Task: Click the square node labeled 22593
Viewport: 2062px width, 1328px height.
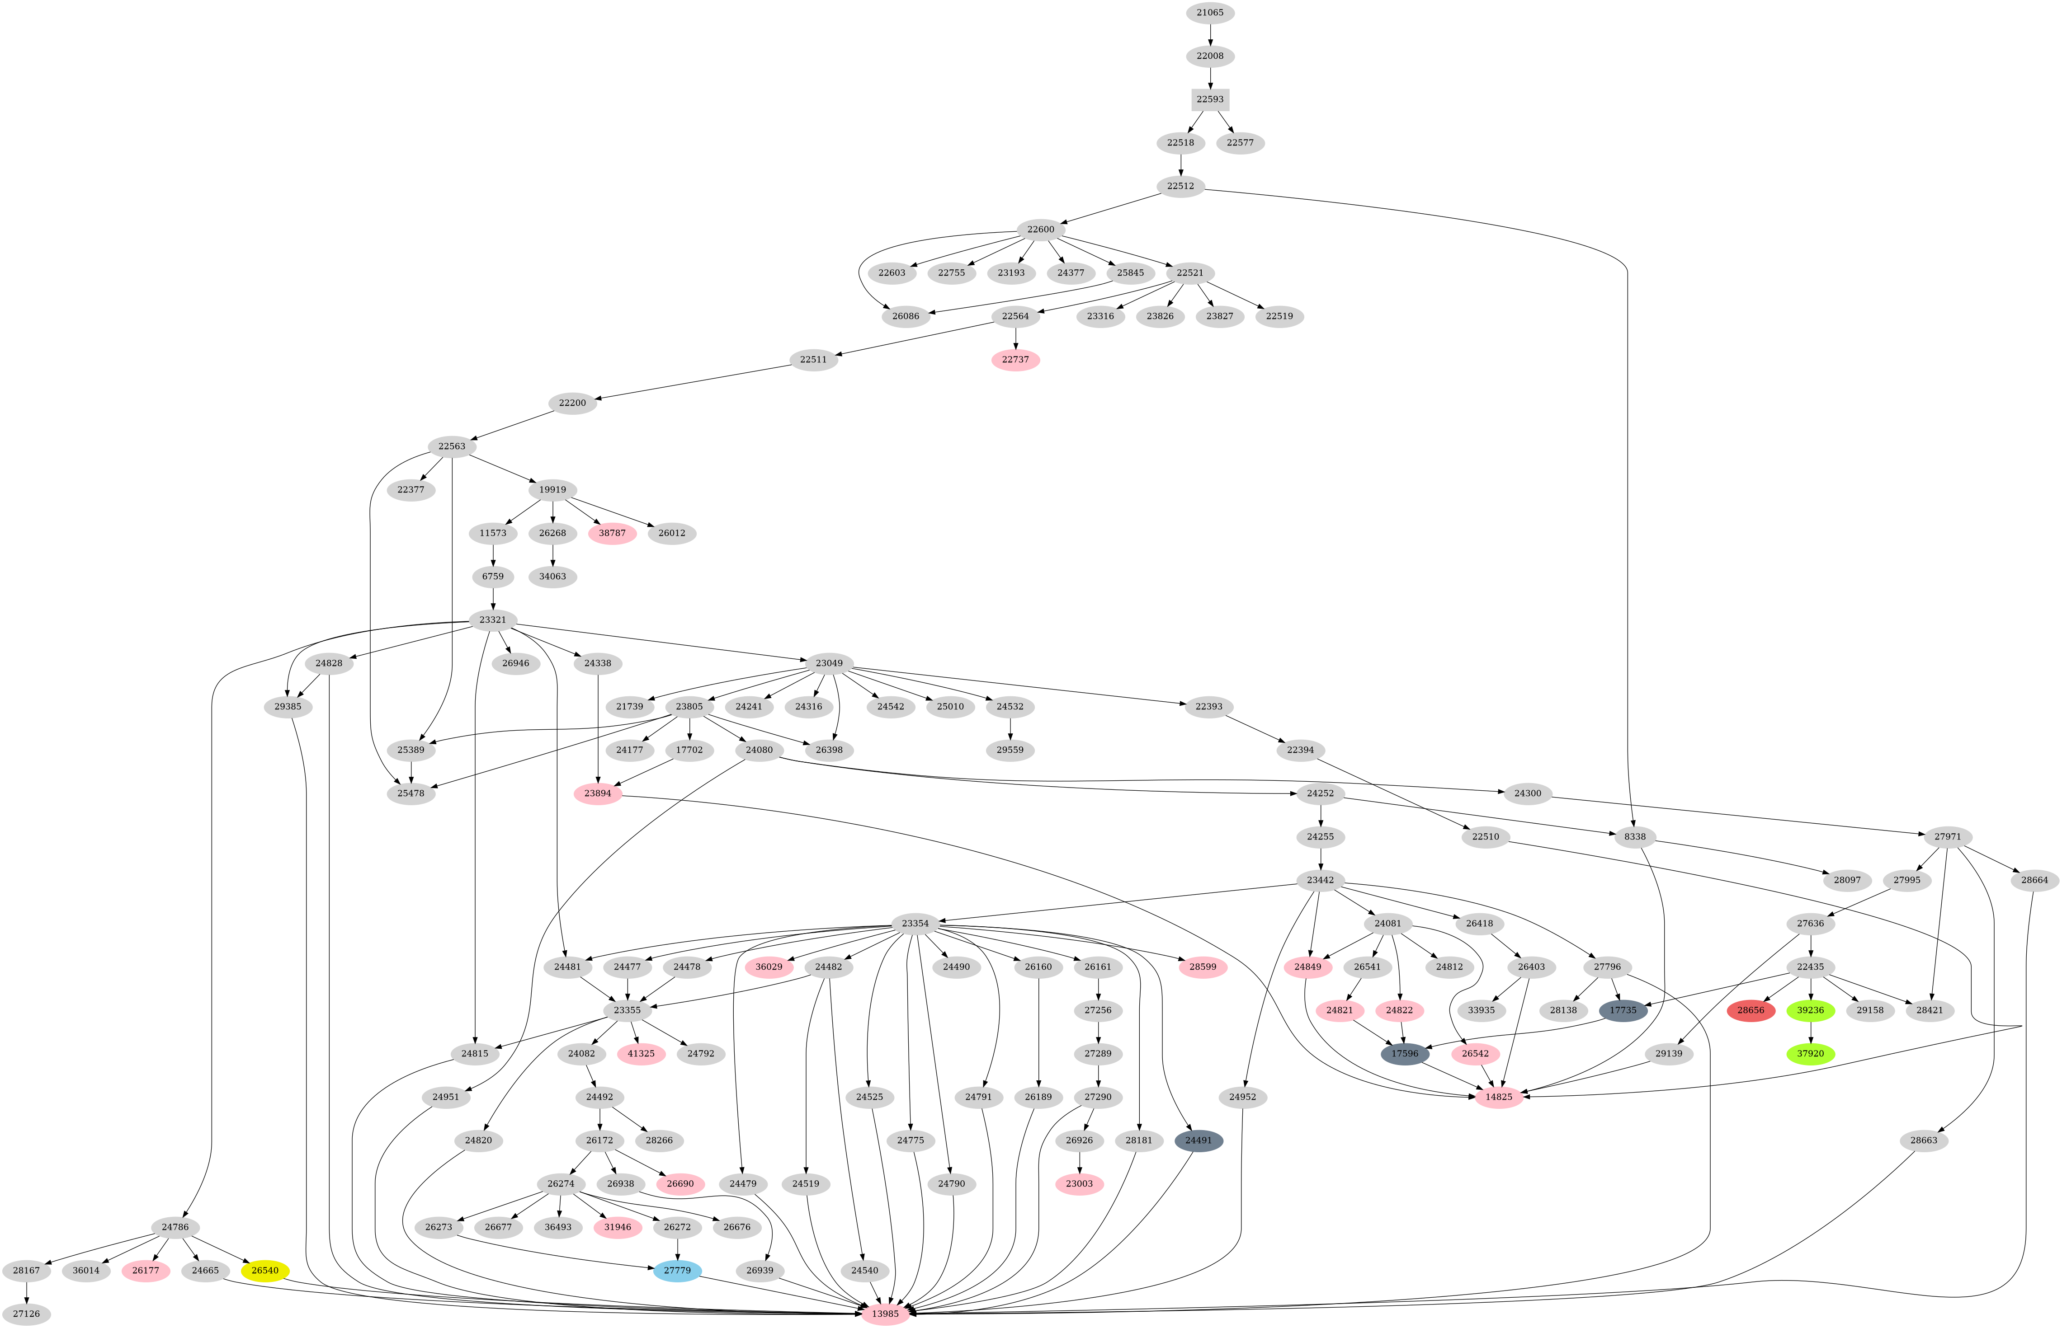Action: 1210,99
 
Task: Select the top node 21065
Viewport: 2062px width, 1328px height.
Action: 1210,13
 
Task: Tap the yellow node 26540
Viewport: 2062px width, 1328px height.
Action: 265,1270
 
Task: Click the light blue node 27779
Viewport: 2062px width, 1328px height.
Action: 677,1270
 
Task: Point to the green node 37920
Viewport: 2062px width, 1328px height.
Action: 1810,1054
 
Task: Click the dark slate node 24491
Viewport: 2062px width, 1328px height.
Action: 1199,1140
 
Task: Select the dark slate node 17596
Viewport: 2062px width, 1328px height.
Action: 1405,1054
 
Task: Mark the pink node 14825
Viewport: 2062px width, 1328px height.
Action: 1499,1097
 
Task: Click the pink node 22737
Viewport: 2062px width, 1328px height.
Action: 1015,360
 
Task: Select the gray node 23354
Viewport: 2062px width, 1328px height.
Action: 915,924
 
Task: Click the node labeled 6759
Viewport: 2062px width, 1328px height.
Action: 493,576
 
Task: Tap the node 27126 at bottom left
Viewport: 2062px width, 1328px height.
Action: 27,1314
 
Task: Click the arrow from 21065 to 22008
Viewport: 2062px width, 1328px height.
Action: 1210,34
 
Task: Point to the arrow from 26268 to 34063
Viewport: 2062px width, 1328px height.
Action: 552,554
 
